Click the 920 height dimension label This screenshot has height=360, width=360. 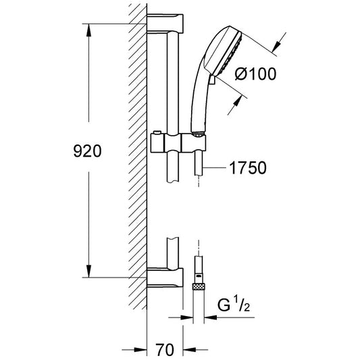coord(87,151)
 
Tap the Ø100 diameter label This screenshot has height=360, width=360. coord(255,74)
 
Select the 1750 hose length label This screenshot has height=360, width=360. coord(248,168)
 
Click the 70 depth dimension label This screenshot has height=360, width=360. coord(165,350)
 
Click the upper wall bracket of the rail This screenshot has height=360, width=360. coord(165,24)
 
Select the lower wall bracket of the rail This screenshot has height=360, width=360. coord(165,278)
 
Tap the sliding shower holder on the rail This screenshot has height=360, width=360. coord(178,143)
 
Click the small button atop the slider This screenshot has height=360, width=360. coord(157,132)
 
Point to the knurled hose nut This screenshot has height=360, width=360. coord(199,286)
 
